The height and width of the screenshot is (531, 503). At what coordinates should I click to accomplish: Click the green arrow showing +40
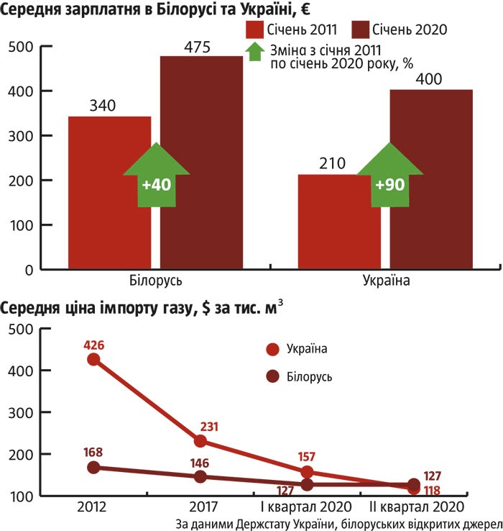tap(157, 177)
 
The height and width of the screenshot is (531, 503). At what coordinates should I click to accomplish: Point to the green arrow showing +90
tap(390, 177)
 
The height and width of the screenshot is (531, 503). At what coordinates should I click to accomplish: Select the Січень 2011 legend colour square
tap(255, 29)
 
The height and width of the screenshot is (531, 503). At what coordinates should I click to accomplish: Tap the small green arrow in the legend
tap(255, 53)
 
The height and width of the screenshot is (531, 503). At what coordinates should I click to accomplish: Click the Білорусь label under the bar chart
tap(155, 280)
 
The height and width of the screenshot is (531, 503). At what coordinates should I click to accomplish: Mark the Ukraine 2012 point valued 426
tap(94, 359)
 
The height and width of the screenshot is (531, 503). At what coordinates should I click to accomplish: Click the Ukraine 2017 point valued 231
tap(200, 441)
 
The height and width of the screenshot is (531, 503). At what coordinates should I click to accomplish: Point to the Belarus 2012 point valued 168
tap(94, 467)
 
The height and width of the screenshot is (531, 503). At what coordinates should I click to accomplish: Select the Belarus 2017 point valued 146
tap(200, 476)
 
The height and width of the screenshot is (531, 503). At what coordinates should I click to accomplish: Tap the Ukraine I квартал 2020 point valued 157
tap(307, 472)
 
